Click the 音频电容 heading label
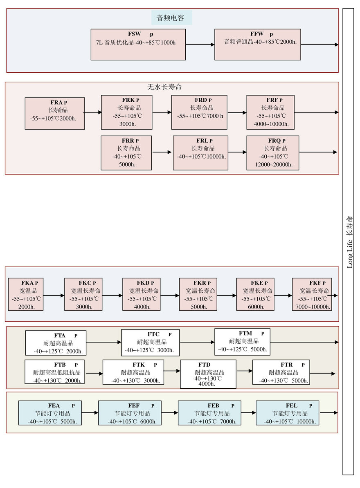click(x=171, y=18)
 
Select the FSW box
click(x=138, y=44)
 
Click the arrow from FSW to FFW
click(x=200, y=45)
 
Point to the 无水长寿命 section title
click(x=164, y=87)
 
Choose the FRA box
click(x=55, y=113)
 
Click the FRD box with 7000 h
click(x=199, y=112)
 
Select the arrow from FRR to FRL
click(x=162, y=152)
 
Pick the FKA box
click(x=26, y=294)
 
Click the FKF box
click(x=312, y=294)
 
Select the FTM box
click(x=243, y=341)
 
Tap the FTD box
click(x=208, y=374)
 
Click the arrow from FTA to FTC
click(x=104, y=342)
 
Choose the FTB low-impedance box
click(x=55, y=372)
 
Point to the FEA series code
click(x=54, y=405)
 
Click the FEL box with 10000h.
click(x=288, y=413)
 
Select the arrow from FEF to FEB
click(x=169, y=413)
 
